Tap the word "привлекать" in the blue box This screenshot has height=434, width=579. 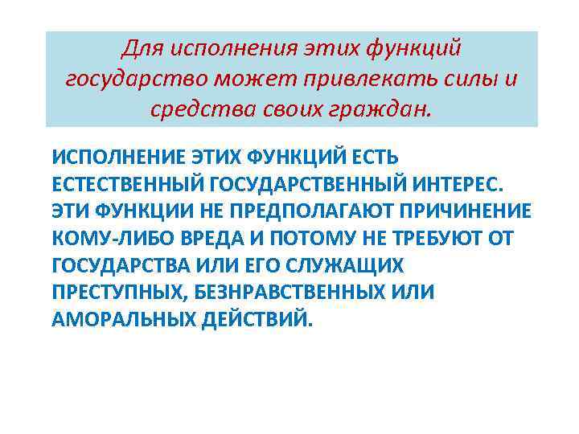pos(372,79)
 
